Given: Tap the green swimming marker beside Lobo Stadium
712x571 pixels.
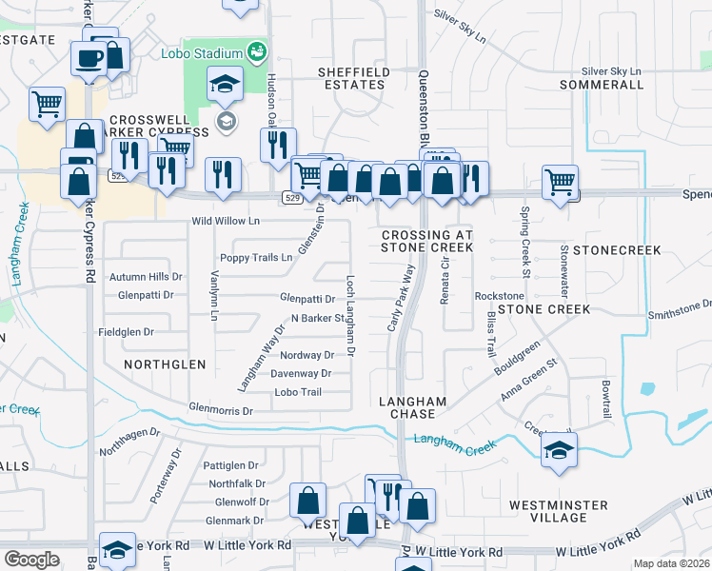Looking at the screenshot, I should pyautogui.click(x=255, y=51).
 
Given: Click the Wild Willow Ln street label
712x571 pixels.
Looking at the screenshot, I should pyautogui.click(x=226, y=221).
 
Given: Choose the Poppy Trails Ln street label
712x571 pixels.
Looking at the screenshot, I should pyautogui.click(x=256, y=258).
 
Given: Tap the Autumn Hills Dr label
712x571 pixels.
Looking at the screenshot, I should pyautogui.click(x=145, y=277).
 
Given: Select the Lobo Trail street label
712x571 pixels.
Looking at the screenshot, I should pyautogui.click(x=292, y=392).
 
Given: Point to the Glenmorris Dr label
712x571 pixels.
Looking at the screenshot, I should pyautogui.click(x=221, y=411).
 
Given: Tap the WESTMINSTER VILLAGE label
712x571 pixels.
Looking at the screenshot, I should pyautogui.click(x=561, y=511).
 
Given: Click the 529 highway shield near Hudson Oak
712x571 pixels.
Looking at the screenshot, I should pyautogui.click(x=292, y=198).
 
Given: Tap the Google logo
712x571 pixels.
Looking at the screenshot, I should pyautogui.click(x=31, y=560).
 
